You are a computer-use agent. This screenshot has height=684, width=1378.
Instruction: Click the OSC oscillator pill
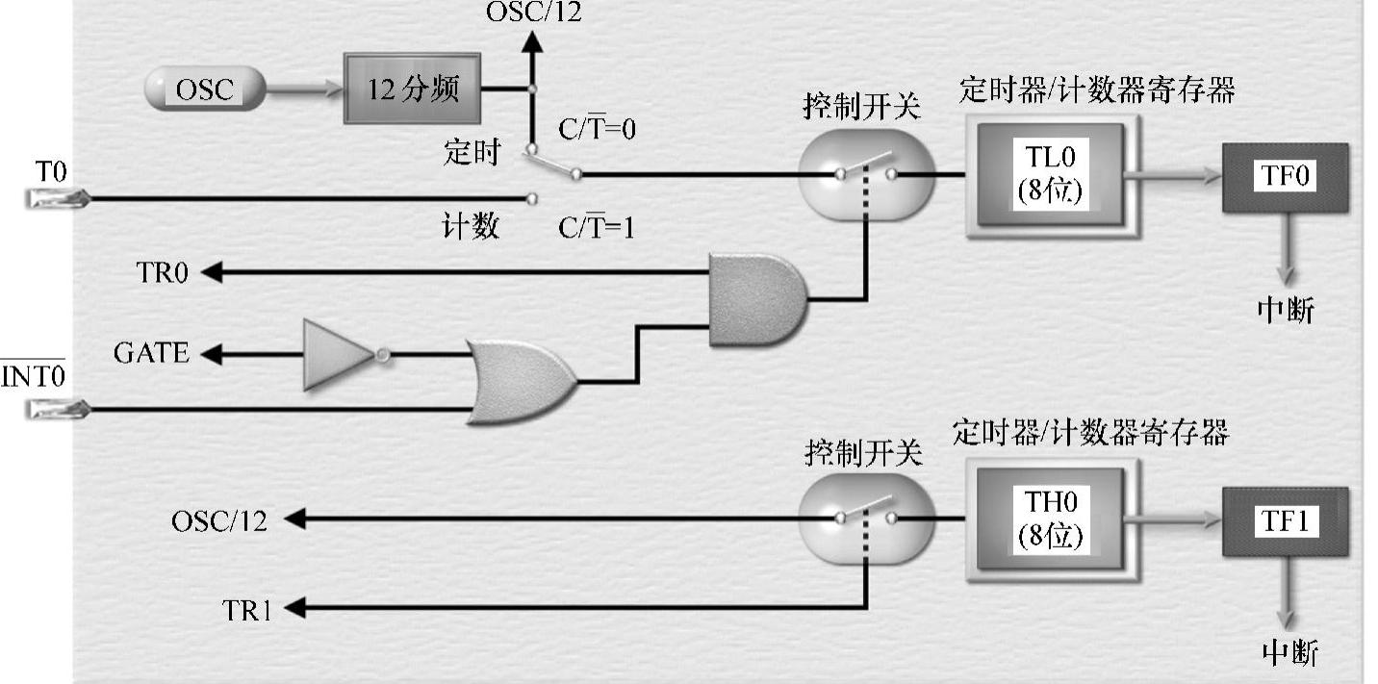(x=204, y=89)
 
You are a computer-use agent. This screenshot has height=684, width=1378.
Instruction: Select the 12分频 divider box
(x=412, y=89)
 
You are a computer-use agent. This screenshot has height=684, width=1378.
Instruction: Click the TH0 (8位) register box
(x=1050, y=519)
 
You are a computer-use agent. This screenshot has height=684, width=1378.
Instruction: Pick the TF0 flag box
(x=1285, y=176)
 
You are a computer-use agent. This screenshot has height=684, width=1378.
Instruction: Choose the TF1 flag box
(x=1285, y=521)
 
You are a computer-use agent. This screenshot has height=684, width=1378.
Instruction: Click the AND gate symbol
(x=756, y=300)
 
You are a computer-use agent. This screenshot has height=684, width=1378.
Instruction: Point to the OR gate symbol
(x=521, y=382)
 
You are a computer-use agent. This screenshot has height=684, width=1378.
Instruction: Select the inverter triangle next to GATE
(x=337, y=355)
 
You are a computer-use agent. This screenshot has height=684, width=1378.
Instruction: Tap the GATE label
(x=151, y=354)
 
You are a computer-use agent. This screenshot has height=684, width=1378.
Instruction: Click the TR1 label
(x=246, y=610)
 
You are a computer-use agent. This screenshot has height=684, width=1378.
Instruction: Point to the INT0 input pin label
(x=33, y=375)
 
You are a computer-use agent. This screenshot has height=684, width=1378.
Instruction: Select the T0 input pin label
(x=51, y=173)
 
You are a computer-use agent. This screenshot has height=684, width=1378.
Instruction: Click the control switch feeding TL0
(x=865, y=174)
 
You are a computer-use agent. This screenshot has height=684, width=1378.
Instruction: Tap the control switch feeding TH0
(x=865, y=519)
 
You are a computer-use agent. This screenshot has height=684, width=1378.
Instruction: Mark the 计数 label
(x=471, y=227)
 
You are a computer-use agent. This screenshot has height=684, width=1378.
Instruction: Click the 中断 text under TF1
(x=1289, y=653)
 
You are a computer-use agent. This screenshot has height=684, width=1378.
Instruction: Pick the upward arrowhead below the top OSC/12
(x=529, y=42)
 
